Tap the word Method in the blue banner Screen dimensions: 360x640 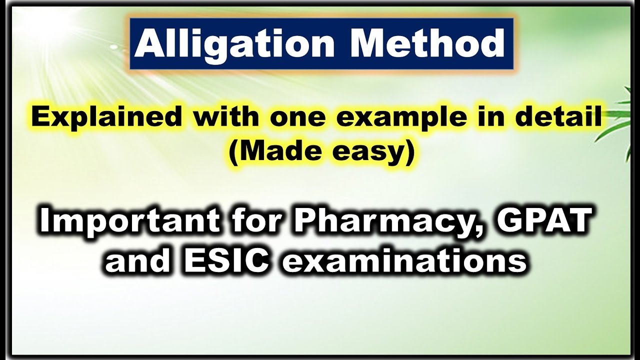pyautogui.click(x=426, y=44)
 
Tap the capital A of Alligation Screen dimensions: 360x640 pyautogui.click(x=146, y=44)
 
